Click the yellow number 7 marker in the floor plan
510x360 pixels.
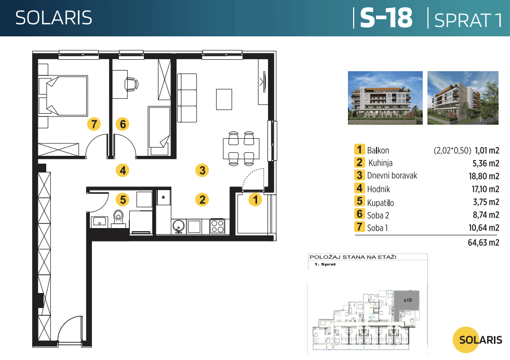93,124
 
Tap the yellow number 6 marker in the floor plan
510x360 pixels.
123,124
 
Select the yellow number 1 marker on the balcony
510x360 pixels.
254,198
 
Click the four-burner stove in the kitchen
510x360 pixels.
217,226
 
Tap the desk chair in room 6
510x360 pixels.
130,83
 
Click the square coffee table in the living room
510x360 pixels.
224,99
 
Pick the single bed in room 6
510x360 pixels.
159,127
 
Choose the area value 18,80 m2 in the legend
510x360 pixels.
484,176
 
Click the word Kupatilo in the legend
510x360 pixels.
381,202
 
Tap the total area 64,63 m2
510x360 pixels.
484,242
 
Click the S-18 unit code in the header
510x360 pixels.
386,18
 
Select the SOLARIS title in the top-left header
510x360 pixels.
53,18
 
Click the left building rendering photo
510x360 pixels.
385,98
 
